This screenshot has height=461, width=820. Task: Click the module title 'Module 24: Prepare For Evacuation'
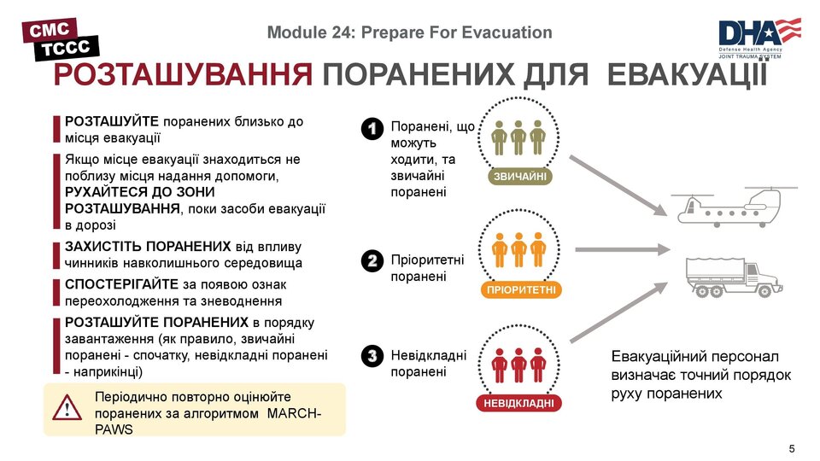click(409, 32)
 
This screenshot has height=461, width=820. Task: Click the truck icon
click(732, 276)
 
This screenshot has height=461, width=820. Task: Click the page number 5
click(791, 449)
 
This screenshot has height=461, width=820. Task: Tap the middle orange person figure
click(518, 249)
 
